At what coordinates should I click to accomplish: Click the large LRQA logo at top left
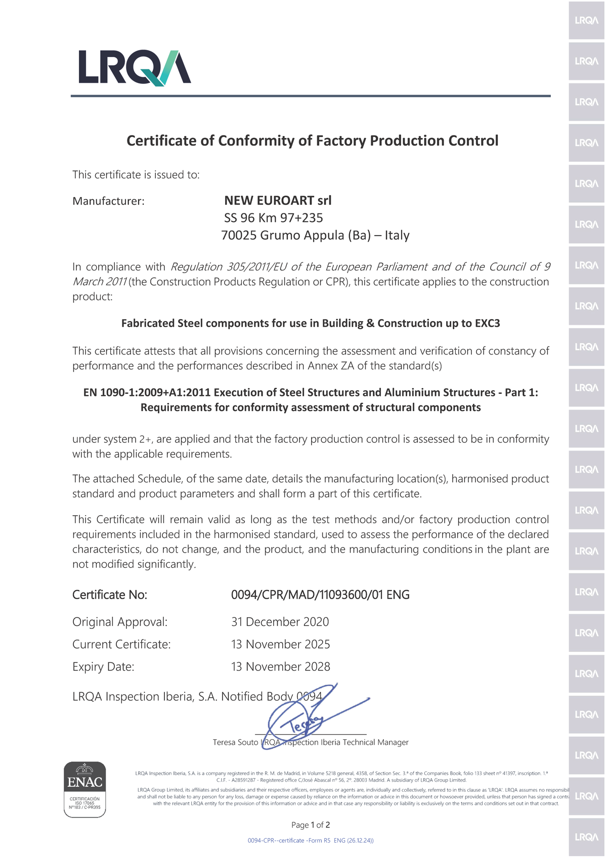135,68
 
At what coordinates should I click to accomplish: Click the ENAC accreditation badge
85,789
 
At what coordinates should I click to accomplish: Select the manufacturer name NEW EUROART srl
278,200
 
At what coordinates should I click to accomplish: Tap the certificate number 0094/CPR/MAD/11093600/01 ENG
320,595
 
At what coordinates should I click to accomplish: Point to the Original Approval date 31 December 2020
280,622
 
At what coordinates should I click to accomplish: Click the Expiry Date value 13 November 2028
280,667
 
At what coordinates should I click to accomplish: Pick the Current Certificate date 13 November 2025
280,644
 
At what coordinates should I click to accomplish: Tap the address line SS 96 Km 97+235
274,218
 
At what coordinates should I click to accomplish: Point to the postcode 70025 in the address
239,235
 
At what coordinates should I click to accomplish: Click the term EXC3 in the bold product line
487,323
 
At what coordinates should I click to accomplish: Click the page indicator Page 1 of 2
311,825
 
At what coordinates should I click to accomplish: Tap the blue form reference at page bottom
311,840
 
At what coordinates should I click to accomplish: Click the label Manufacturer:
108,201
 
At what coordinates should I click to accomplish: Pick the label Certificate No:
110,595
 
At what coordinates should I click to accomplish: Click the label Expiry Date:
103,667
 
